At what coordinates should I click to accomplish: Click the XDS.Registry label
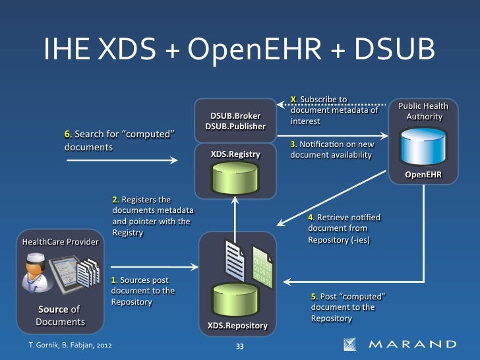[x=235, y=154]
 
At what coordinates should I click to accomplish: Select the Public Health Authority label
[x=423, y=111]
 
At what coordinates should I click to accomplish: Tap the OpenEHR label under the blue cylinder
[x=423, y=175]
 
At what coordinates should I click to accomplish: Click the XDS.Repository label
[x=237, y=326]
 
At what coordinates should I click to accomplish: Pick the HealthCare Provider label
[x=60, y=242]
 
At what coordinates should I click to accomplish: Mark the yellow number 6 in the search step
[x=67, y=135]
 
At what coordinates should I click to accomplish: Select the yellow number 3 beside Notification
[x=293, y=144]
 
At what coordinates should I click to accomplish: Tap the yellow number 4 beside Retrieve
[x=311, y=218]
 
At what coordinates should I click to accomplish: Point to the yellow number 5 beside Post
[x=314, y=297]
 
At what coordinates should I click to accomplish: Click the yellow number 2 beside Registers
[x=115, y=200]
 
